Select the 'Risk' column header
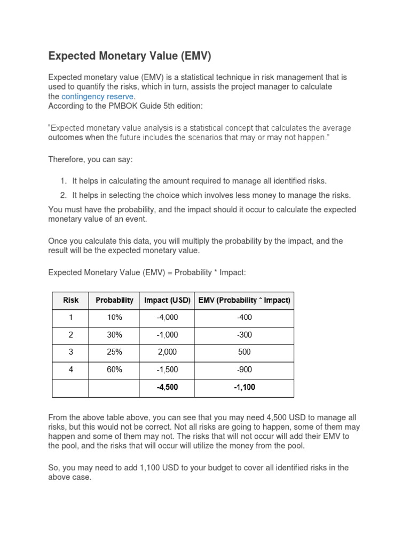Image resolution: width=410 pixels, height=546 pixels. coord(70,300)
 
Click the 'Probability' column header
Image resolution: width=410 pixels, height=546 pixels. coord(114,300)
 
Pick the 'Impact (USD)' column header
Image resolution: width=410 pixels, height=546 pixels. coord(167,300)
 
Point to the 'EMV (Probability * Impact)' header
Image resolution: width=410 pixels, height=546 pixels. coord(244,300)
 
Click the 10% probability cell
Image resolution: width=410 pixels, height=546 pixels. coord(114,317)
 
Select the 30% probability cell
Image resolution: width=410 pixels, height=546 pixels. coord(114,335)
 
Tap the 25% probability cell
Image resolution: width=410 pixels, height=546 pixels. coord(114,352)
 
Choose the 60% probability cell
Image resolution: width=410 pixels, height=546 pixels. coord(114,370)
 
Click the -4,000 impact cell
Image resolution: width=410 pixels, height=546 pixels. coord(167,317)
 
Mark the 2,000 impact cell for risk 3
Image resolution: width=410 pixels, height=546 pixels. coord(167,352)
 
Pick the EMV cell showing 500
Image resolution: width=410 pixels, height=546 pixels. coord(244,352)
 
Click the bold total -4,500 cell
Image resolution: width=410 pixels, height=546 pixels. coord(167,387)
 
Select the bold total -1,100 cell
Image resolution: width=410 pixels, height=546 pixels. coord(244,387)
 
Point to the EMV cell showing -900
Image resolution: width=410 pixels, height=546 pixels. coord(244,370)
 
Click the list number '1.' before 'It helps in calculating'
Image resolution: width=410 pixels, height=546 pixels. coord(63,181)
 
